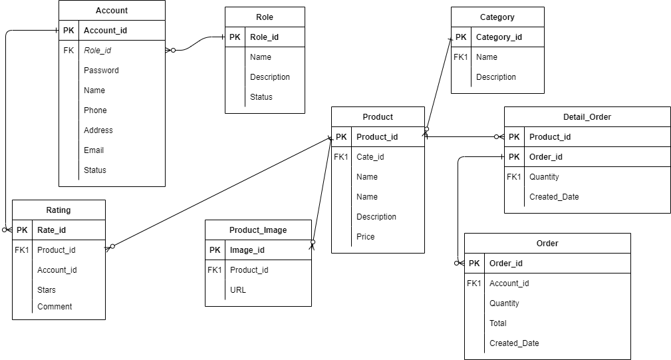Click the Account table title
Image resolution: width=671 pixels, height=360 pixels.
click(x=112, y=11)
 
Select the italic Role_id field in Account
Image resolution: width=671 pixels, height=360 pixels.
click(x=97, y=51)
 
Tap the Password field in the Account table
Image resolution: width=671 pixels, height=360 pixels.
click(x=101, y=71)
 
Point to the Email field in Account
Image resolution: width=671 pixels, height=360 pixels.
click(x=94, y=150)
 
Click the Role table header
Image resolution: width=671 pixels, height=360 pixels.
click(x=265, y=17)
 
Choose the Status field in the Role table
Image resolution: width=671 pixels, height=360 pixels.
click(x=261, y=97)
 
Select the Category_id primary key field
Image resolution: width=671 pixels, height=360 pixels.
click(x=499, y=37)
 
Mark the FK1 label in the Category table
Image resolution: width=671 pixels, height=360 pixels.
click(x=461, y=57)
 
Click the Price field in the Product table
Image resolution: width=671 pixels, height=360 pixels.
click(x=365, y=237)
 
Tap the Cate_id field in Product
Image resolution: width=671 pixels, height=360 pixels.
click(x=370, y=157)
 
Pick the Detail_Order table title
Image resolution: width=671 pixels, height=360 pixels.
click(x=587, y=117)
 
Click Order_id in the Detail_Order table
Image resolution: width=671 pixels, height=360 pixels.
click(x=545, y=157)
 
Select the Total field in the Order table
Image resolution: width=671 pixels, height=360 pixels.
click(x=497, y=323)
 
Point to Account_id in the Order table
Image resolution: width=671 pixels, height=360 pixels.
click(x=509, y=283)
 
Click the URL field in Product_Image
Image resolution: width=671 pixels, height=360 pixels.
click(x=237, y=290)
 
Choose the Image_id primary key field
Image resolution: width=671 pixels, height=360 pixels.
click(x=247, y=250)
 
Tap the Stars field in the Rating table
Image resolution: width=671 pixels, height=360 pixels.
click(x=47, y=290)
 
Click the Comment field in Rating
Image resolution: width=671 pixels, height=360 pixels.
click(x=55, y=307)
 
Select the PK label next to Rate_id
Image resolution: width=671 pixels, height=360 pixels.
click(x=22, y=230)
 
